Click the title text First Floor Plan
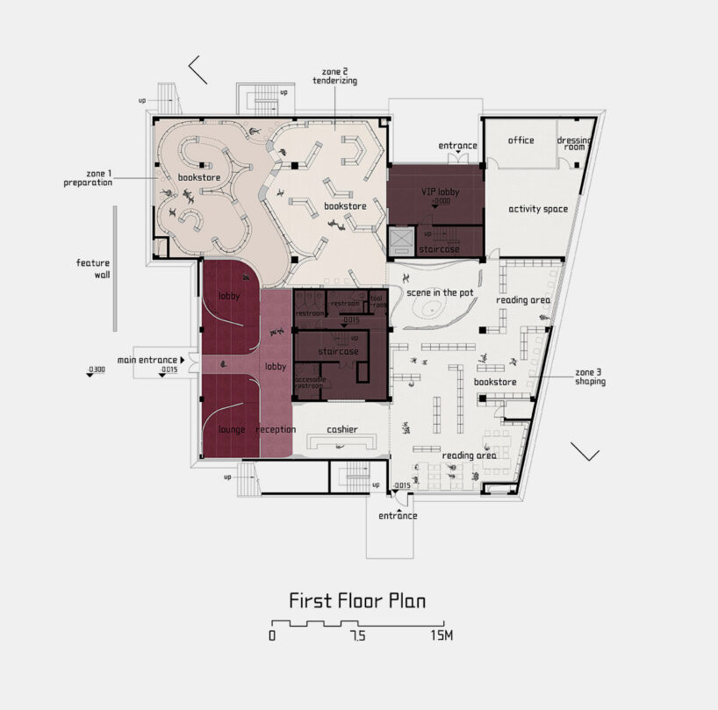click(x=358, y=601)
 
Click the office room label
click(x=521, y=140)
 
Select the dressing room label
click(x=575, y=143)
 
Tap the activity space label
click(x=538, y=209)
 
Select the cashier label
click(x=342, y=429)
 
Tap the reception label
click(x=276, y=429)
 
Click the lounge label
click(x=232, y=429)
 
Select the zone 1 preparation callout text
click(x=88, y=178)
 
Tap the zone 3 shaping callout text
click(x=589, y=377)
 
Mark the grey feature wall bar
click(x=114, y=269)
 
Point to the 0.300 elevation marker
click(x=97, y=369)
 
